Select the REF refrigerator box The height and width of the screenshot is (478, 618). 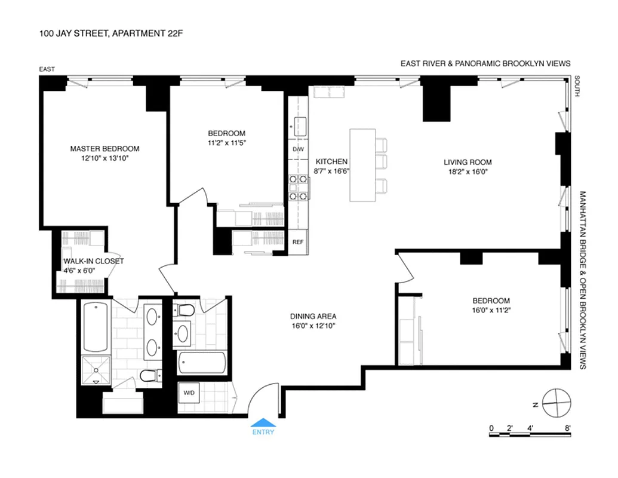click(x=298, y=242)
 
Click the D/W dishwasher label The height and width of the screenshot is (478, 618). click(x=298, y=149)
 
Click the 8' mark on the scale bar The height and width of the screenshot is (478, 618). click(x=567, y=428)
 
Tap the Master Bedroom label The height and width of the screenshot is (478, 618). click(x=104, y=149)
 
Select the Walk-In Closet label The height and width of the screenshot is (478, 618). click(x=94, y=261)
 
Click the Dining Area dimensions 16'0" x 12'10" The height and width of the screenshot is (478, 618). click(x=313, y=326)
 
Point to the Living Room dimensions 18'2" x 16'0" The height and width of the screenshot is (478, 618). click(x=468, y=172)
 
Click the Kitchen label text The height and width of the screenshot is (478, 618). click(x=331, y=162)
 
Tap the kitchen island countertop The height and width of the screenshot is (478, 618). click(x=362, y=164)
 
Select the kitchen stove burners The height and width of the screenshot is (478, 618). click(x=298, y=186)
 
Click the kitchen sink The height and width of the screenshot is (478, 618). click(x=299, y=126)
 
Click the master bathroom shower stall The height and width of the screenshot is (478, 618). click(x=96, y=370)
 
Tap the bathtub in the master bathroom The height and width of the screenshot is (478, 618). click(x=96, y=327)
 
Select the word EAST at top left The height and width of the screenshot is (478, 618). click(x=47, y=69)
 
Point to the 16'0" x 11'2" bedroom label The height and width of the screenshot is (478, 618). click(x=491, y=310)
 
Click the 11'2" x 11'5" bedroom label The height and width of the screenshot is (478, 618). click(x=226, y=143)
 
